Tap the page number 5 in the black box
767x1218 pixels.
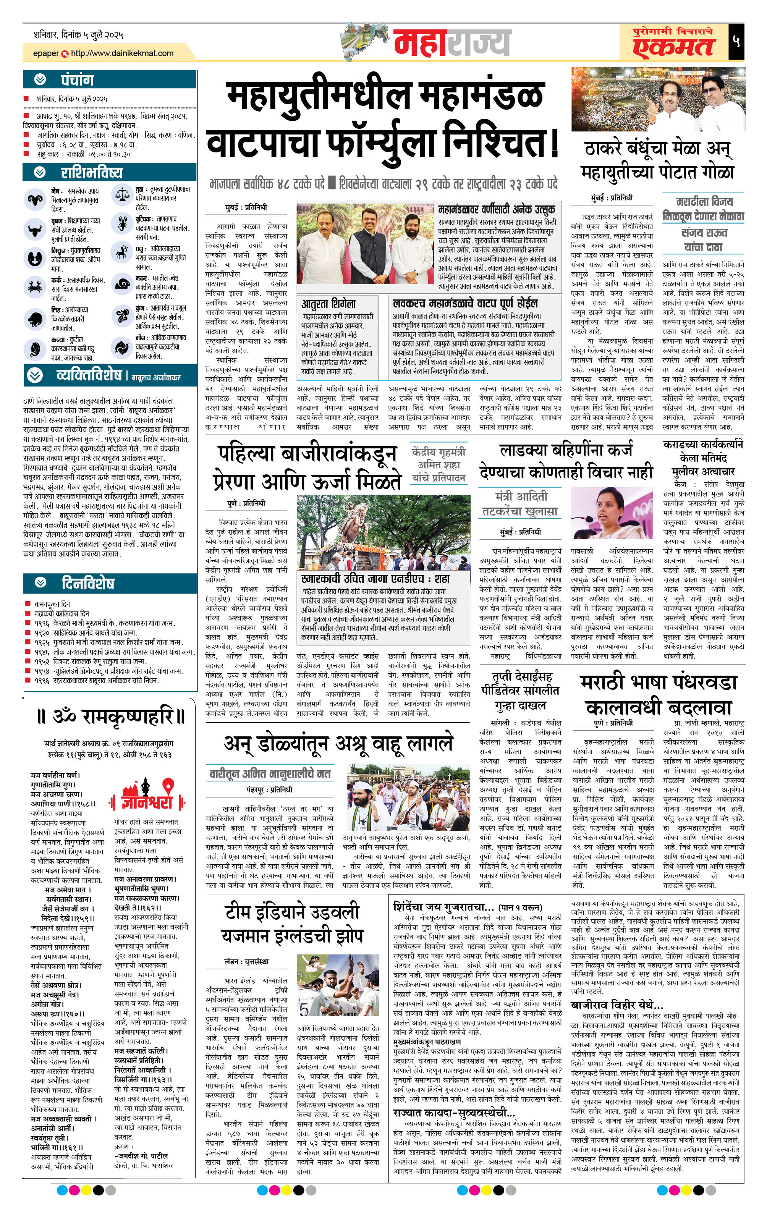[736, 41]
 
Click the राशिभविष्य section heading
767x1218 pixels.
[92, 173]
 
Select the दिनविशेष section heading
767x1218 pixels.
[87, 583]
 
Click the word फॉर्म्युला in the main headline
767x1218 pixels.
[382, 143]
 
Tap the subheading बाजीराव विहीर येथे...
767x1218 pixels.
[616, 1004]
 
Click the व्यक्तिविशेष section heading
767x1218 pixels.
[89, 375]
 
